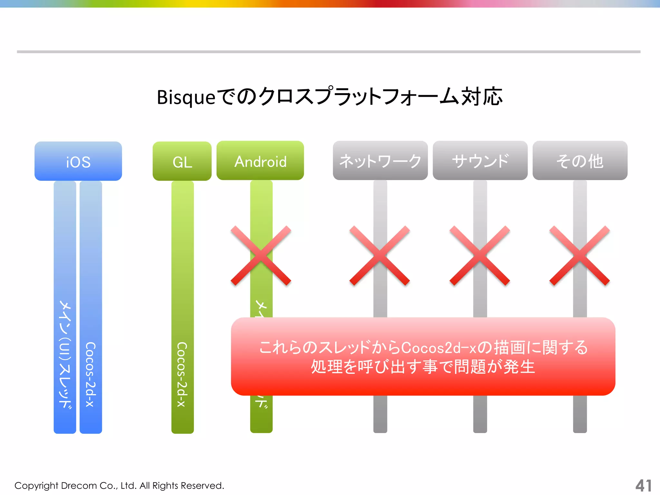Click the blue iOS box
(78, 161)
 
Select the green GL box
(182, 161)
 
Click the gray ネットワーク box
(380, 160)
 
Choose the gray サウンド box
(480, 160)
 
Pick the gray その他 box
(580, 160)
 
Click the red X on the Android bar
(261, 256)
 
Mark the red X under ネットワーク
(380, 256)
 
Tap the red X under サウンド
(480, 256)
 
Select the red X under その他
(579, 256)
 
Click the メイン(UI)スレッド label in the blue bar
(65, 354)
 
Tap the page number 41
(643, 486)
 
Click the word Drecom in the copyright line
(79, 486)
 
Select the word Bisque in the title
(186, 97)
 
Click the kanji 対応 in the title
(482, 96)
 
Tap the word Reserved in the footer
(202, 486)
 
